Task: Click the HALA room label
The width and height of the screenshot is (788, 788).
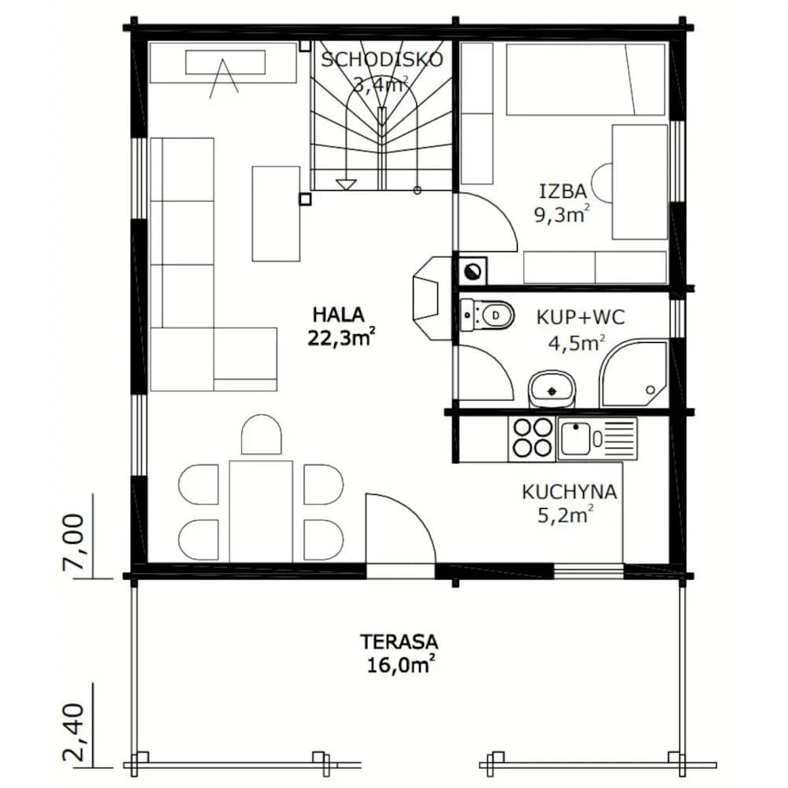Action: pos(338,314)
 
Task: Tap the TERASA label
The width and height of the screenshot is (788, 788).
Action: pos(399,641)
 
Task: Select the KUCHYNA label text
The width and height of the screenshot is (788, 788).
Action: pos(570,492)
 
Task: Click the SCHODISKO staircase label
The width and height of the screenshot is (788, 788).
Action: pos(382,59)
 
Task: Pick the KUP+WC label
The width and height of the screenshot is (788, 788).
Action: pos(581,317)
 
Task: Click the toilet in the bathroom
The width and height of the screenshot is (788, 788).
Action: pos(487,316)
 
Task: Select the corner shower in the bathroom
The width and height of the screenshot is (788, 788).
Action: pos(634,374)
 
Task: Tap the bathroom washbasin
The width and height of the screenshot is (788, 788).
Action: pos(552,389)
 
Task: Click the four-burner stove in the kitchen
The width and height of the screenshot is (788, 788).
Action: pos(532,439)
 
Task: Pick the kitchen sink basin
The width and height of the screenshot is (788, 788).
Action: pos(576,439)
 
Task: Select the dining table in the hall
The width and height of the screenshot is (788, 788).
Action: pos(261,511)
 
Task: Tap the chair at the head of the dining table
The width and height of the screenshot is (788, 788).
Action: pos(262,434)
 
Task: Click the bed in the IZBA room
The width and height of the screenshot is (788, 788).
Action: pos(585,80)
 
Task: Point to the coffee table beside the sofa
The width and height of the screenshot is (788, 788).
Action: pos(276,214)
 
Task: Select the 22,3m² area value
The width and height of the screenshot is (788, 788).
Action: pos(341,338)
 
